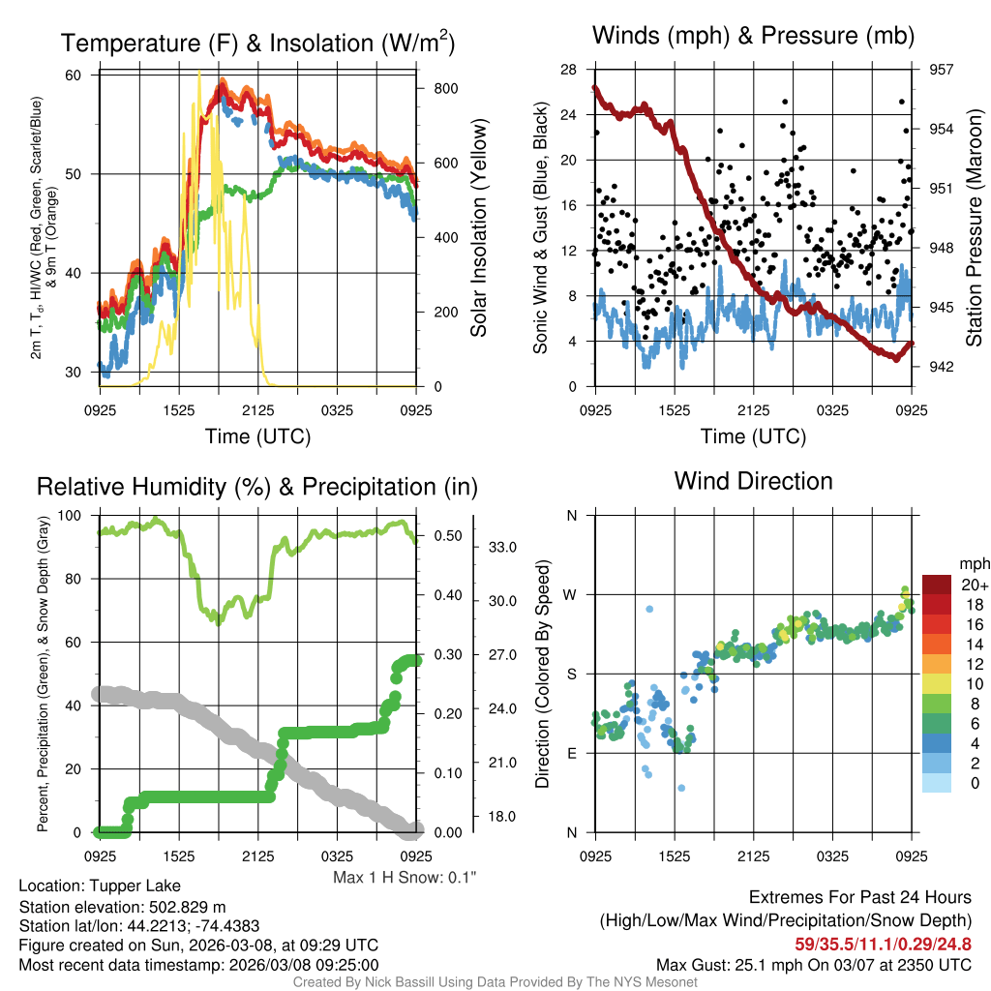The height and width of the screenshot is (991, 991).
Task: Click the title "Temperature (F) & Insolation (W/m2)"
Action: pos(257,43)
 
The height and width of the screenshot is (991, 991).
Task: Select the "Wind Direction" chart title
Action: pos(753,481)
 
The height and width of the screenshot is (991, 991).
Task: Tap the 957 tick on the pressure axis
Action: pos(942,70)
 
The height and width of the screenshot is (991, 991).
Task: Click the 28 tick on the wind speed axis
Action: pos(568,70)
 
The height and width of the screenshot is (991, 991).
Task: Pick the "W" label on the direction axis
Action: pos(571,594)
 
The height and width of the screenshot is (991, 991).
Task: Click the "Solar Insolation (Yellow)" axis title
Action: pos(478,228)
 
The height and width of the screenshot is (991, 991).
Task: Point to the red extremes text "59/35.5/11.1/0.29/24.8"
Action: pos(883,944)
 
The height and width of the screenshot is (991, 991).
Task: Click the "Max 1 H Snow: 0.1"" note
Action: pos(405,878)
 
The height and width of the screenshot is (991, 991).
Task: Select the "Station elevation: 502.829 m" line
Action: pos(122,906)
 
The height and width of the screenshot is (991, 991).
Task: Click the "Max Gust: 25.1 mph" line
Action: pos(814,964)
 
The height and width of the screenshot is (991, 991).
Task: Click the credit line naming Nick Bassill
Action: pos(495,982)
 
